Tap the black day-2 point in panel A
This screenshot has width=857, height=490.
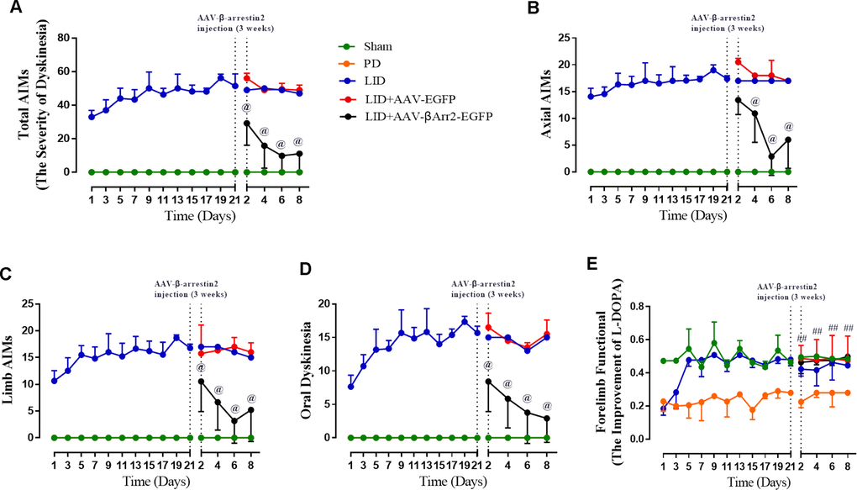(247, 123)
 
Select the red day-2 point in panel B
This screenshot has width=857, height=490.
(738, 61)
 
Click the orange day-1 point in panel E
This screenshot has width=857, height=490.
(664, 402)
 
